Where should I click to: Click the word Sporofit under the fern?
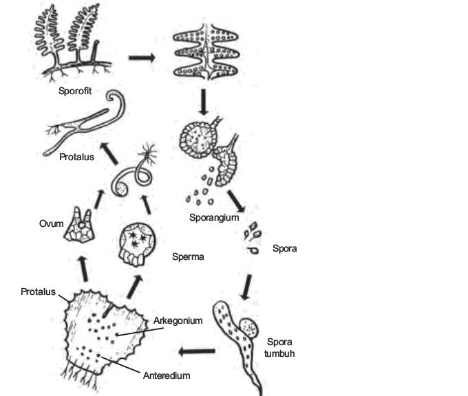click(x=76, y=90)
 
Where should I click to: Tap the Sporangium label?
click(x=214, y=218)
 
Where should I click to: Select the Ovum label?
click(x=52, y=223)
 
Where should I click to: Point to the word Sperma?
click(x=189, y=256)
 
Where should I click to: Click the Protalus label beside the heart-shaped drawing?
click(x=38, y=291)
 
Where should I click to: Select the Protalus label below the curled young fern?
click(x=76, y=157)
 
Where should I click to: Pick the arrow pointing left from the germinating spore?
click(x=196, y=352)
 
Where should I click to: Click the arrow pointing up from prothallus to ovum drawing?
click(x=84, y=267)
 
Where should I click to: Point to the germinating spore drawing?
click(x=237, y=337)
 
